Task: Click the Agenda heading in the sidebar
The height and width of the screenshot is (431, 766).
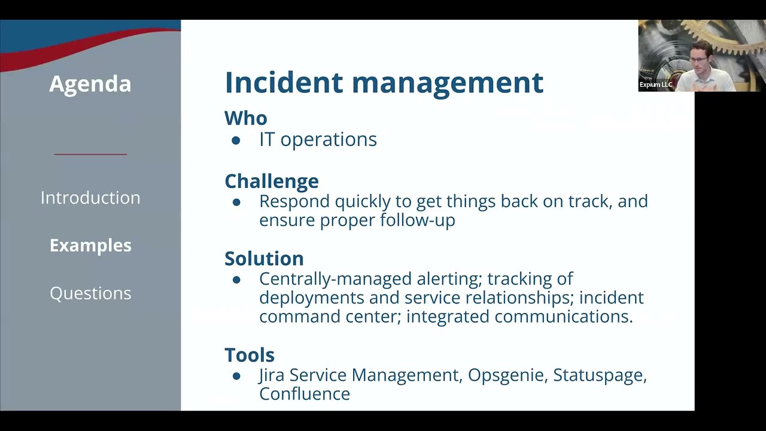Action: pos(90,84)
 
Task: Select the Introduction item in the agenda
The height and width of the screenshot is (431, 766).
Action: pos(90,198)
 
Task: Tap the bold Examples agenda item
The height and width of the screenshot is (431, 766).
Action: pos(90,245)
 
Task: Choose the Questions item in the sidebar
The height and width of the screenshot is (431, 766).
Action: pos(90,293)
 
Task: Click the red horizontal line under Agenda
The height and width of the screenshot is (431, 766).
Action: pos(90,154)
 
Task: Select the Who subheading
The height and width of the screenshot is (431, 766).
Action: pos(245,118)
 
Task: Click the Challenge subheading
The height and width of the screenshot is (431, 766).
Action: pos(271,181)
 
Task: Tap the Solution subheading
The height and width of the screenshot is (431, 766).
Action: pos(264,259)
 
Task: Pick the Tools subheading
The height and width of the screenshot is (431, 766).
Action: pos(249,355)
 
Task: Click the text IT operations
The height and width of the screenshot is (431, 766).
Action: pos(318,139)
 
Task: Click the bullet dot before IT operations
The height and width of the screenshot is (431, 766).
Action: pos(236,140)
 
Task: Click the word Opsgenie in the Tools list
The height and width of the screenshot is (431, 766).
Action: pos(506,375)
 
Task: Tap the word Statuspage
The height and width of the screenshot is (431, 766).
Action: pos(599,375)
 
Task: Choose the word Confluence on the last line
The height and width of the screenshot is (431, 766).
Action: pos(304,394)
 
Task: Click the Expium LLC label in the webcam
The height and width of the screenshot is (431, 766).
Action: pos(655,85)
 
